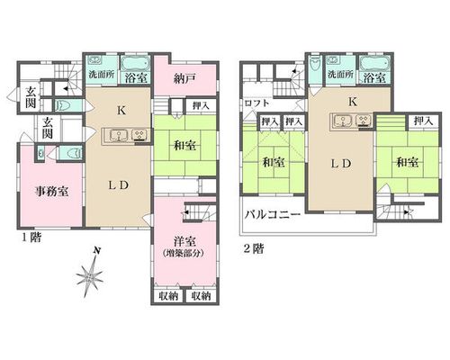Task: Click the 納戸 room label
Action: (184, 78)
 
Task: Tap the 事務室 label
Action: (51, 191)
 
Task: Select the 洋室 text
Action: (184, 241)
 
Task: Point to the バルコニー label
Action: (273, 215)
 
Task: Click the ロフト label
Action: (256, 103)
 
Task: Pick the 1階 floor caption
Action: (31, 238)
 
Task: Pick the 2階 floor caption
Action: (254, 248)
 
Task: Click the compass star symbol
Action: (89, 275)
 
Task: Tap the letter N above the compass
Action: (96, 250)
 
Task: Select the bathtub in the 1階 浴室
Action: (136, 64)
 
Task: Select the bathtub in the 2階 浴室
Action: (375, 64)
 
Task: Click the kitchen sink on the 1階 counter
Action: (119, 135)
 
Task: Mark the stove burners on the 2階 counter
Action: (364, 121)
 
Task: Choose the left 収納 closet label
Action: (168, 296)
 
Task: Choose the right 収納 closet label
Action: (201, 296)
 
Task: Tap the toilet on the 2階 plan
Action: (315, 64)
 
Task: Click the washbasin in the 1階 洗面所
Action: (95, 60)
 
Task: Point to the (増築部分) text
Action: (184, 253)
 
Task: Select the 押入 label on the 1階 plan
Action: (201, 106)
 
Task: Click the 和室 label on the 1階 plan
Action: (185, 146)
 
